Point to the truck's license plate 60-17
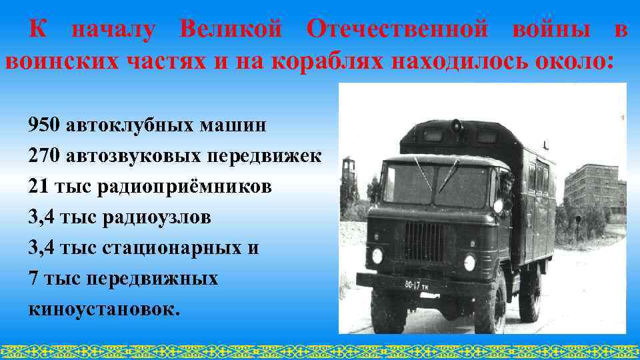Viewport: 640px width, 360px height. tap(419, 285)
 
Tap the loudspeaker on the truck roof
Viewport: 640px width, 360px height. tap(457, 126)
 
